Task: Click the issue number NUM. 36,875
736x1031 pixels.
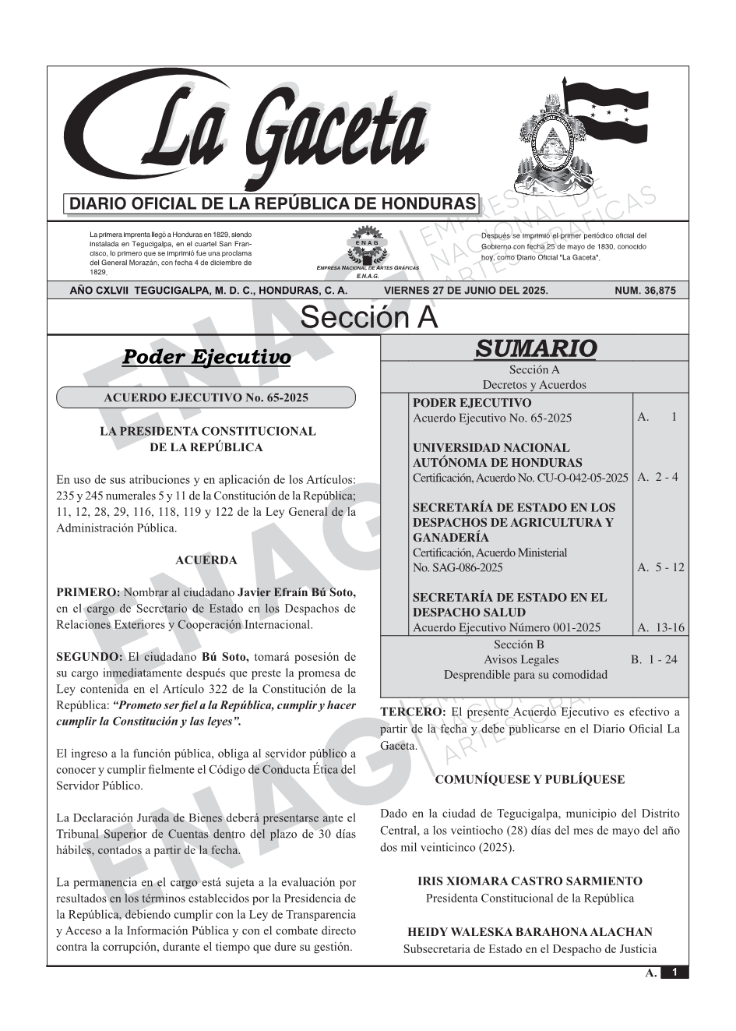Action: point(645,291)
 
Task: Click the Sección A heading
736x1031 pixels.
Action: point(368,318)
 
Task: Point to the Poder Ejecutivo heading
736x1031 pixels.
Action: point(206,357)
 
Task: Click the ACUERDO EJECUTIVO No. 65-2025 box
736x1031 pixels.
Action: point(206,398)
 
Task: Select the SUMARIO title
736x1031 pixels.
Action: point(535,348)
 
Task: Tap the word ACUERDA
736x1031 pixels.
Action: point(206,560)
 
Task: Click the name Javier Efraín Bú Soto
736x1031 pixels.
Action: point(296,592)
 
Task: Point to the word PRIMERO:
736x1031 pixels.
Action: point(88,592)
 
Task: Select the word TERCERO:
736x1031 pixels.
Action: point(413,712)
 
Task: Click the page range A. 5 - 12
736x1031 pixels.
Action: point(660,567)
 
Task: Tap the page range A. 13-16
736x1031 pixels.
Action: point(660,627)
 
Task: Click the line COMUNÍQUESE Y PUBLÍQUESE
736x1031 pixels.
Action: point(530,779)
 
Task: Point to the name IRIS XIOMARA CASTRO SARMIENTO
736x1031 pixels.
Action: point(530,881)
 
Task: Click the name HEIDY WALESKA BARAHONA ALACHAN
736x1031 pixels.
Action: point(530,932)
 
